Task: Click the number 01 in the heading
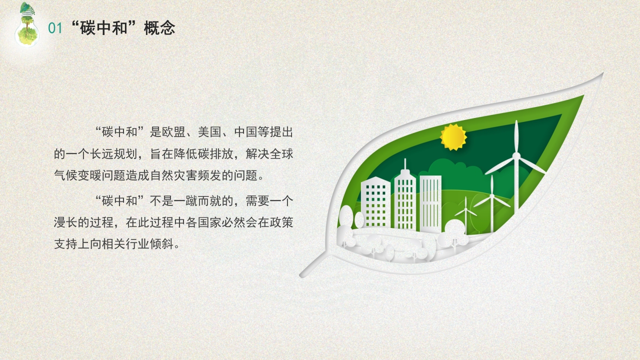coord(55,28)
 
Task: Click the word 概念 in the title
coord(159,28)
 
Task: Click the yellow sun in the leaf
coord(453,137)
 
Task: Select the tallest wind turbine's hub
coord(516,155)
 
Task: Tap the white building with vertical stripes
coord(430,203)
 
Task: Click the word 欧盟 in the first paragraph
coord(174,132)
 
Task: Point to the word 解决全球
coord(269,154)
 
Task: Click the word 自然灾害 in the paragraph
coord(173,175)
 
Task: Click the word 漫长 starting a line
coord(65,222)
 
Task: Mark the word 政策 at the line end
coord(281,222)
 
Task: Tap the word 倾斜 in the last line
coord(161,244)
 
